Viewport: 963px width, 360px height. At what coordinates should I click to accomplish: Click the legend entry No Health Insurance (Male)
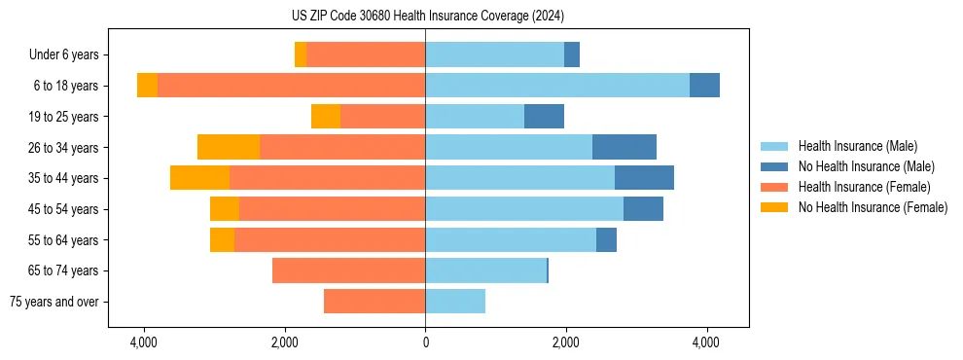(x=866, y=166)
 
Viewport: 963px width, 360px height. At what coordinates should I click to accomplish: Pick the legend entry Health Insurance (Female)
(x=864, y=187)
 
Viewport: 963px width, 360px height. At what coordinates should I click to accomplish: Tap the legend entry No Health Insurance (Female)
(x=873, y=207)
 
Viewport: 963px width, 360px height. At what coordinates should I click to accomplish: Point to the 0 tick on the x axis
(x=425, y=343)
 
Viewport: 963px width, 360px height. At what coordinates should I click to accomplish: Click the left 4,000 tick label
(x=144, y=343)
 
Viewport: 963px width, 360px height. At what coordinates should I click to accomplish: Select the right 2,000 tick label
(x=566, y=343)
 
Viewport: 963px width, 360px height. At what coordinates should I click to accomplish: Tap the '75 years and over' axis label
(x=54, y=302)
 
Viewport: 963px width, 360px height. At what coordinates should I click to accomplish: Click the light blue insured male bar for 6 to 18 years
(x=557, y=86)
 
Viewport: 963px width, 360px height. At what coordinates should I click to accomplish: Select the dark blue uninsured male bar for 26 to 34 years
(x=624, y=147)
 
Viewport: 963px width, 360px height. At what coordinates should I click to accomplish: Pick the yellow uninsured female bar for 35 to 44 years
(x=199, y=178)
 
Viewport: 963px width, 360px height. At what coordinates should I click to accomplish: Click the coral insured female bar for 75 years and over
(x=374, y=302)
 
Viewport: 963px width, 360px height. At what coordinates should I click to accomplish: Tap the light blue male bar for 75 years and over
(x=455, y=302)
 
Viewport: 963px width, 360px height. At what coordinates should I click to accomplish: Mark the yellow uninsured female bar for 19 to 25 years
(x=326, y=117)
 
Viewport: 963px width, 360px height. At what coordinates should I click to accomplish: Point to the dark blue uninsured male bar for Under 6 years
(x=572, y=55)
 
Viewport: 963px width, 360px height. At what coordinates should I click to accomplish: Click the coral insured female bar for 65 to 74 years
(x=348, y=270)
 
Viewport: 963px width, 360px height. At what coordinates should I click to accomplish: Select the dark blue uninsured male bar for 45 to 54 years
(x=643, y=209)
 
